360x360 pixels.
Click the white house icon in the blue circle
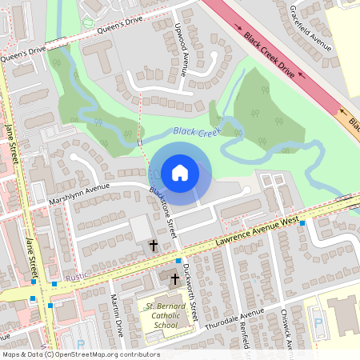pyautogui.click(x=180, y=173)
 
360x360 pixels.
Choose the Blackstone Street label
pyautogui.click(x=163, y=212)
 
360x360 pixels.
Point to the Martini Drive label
pyautogui.click(x=118, y=317)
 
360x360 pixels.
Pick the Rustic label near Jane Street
pyautogui.click(x=78, y=278)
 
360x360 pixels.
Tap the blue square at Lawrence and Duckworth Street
pyautogui.click(x=178, y=261)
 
